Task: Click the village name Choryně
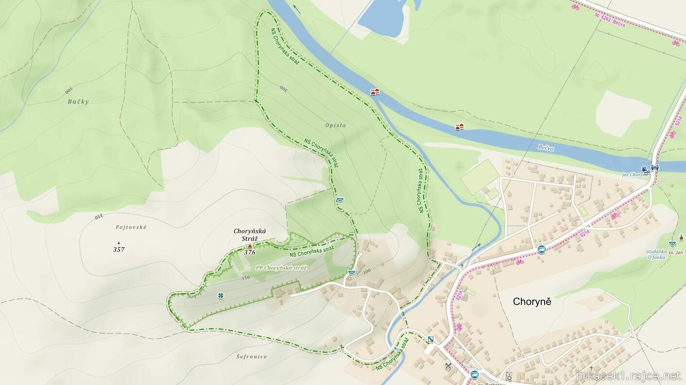point(532,301)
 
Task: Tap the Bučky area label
point(78,102)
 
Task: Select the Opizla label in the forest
point(336,125)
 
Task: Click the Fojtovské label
point(131,227)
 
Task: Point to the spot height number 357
point(119,250)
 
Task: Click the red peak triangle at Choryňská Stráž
point(250,246)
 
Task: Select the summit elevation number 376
point(250,252)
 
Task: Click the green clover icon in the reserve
point(221,295)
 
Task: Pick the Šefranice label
point(252,356)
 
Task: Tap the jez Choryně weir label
point(635,174)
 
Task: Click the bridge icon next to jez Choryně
point(655,168)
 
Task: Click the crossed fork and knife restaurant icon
point(448,366)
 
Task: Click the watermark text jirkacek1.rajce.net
point(628,376)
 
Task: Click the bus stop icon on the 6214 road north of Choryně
point(542,250)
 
